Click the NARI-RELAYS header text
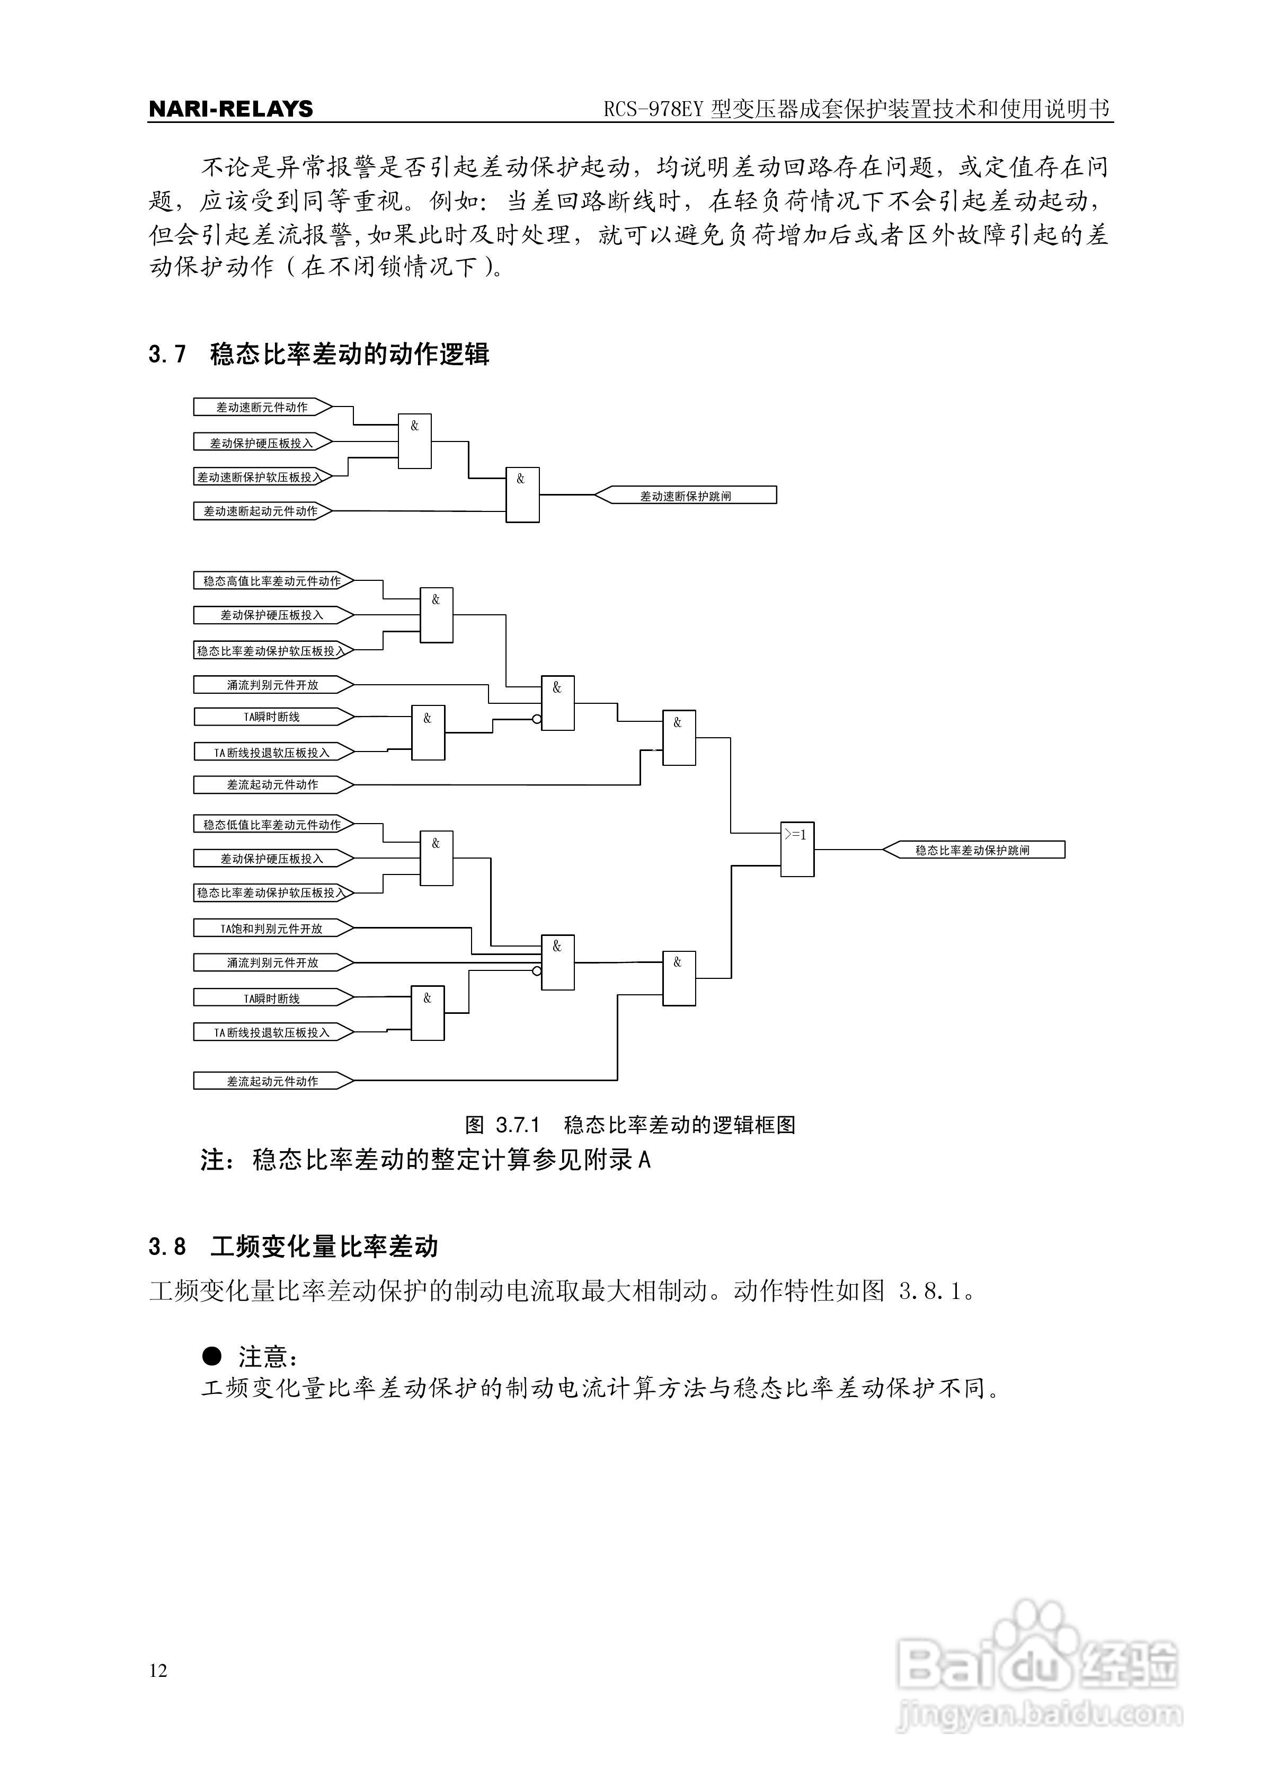point(230,109)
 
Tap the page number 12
point(158,1670)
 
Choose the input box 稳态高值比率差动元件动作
point(272,581)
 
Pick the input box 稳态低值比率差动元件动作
point(272,825)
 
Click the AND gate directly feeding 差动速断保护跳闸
point(522,495)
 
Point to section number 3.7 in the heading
point(167,355)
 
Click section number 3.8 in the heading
point(167,1247)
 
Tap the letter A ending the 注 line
point(644,1161)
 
